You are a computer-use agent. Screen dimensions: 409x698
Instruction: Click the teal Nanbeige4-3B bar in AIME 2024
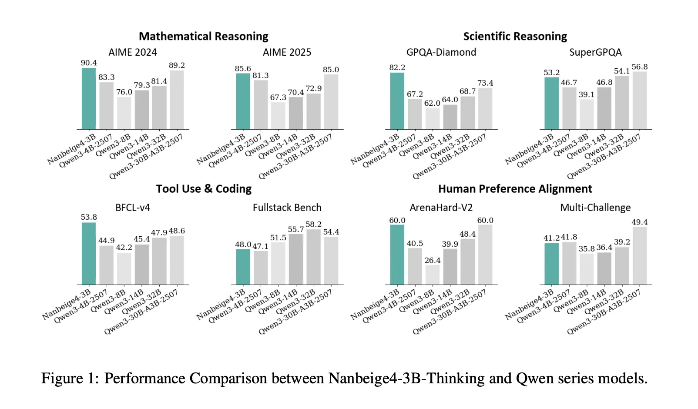89,99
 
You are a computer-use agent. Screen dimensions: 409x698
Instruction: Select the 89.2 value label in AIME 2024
177,65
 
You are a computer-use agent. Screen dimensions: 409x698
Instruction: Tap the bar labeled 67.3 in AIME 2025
278,116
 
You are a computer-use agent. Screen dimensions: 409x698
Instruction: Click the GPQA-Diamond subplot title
441,52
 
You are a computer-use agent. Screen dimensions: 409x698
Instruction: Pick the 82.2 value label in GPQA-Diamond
397,67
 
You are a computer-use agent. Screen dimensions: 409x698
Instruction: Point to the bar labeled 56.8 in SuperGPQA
639,101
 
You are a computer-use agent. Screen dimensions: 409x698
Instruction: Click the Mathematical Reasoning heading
203,36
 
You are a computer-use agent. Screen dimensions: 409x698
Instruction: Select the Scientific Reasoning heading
515,36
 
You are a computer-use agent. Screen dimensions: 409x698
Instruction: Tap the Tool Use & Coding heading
203,189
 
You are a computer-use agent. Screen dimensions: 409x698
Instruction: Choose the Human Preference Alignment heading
515,189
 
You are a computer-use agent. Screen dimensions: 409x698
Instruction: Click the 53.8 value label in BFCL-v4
89,217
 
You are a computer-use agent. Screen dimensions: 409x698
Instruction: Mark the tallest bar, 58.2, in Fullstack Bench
313,257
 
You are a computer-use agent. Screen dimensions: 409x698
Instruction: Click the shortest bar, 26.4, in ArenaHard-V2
433,275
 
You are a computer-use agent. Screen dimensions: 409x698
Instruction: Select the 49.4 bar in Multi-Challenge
639,256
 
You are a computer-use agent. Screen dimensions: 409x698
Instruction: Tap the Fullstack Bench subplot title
287,208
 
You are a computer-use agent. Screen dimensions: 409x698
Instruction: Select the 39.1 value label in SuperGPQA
586,94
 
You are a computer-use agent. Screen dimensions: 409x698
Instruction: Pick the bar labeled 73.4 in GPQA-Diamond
485,109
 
